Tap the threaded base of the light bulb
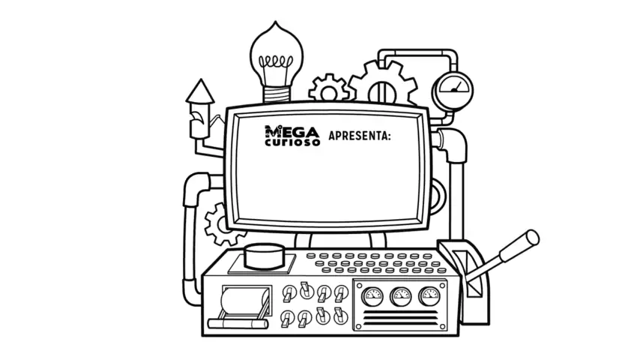(x=277, y=91)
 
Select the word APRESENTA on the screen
(x=360, y=136)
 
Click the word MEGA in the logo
(x=292, y=130)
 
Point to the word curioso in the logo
(x=292, y=141)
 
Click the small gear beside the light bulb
(x=328, y=88)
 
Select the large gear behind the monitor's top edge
(x=382, y=82)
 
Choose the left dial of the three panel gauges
(x=372, y=297)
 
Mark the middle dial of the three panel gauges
(x=400, y=297)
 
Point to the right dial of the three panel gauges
(x=428, y=297)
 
